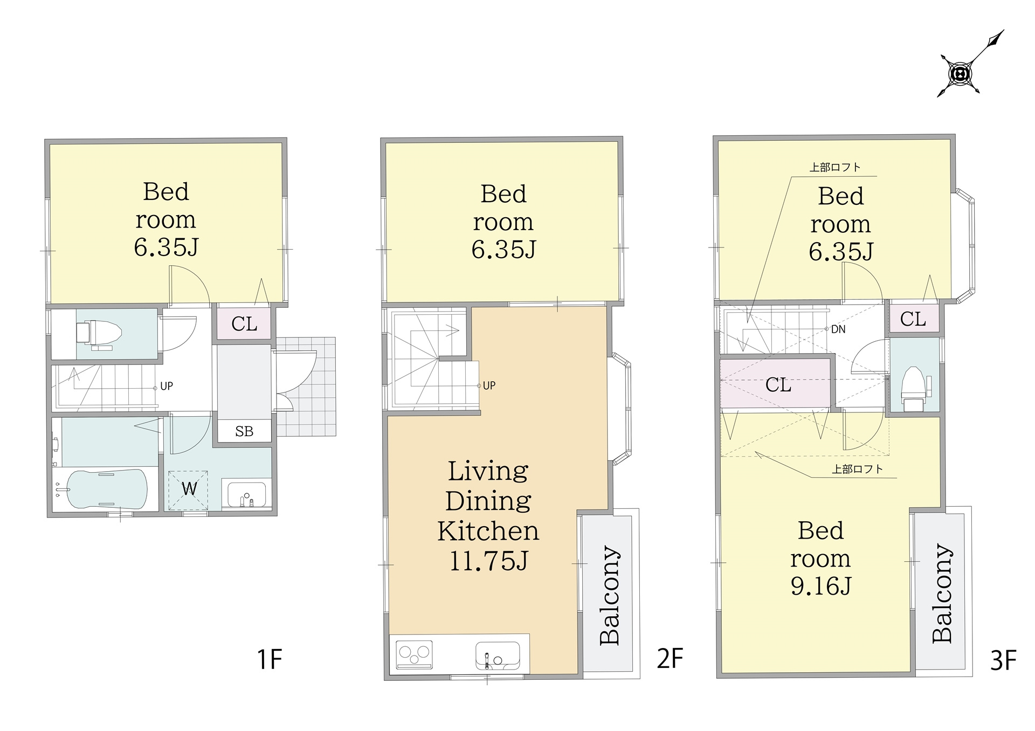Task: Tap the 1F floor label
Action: (x=270, y=659)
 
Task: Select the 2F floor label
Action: (x=670, y=658)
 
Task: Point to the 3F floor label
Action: (x=1003, y=660)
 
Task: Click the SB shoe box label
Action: (x=244, y=431)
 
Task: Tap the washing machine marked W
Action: (x=188, y=489)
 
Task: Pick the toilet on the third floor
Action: (x=915, y=388)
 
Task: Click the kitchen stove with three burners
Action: (x=415, y=654)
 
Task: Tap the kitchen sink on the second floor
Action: (x=498, y=656)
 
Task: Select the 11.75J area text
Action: (x=488, y=561)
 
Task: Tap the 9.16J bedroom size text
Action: (x=820, y=586)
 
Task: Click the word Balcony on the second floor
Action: (x=610, y=596)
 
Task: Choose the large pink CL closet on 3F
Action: (x=775, y=383)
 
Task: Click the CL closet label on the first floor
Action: (x=244, y=324)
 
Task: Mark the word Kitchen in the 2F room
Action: (x=488, y=531)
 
